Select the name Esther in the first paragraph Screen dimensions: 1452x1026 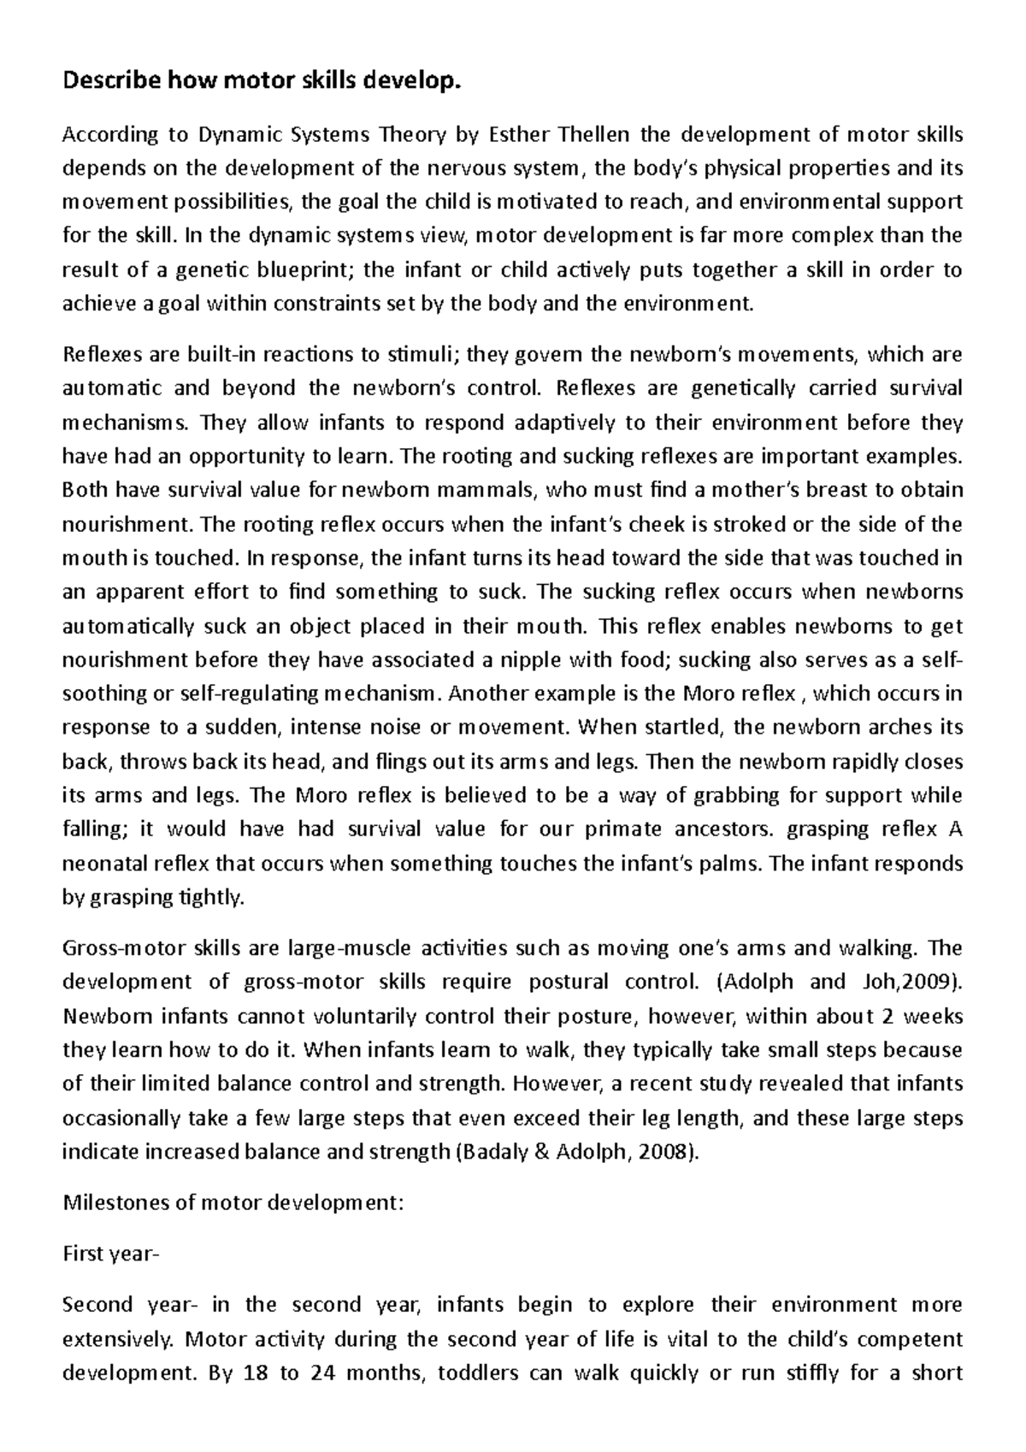click(x=518, y=134)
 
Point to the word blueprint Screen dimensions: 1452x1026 click(x=304, y=270)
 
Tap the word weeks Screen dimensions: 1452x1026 click(x=935, y=1016)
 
